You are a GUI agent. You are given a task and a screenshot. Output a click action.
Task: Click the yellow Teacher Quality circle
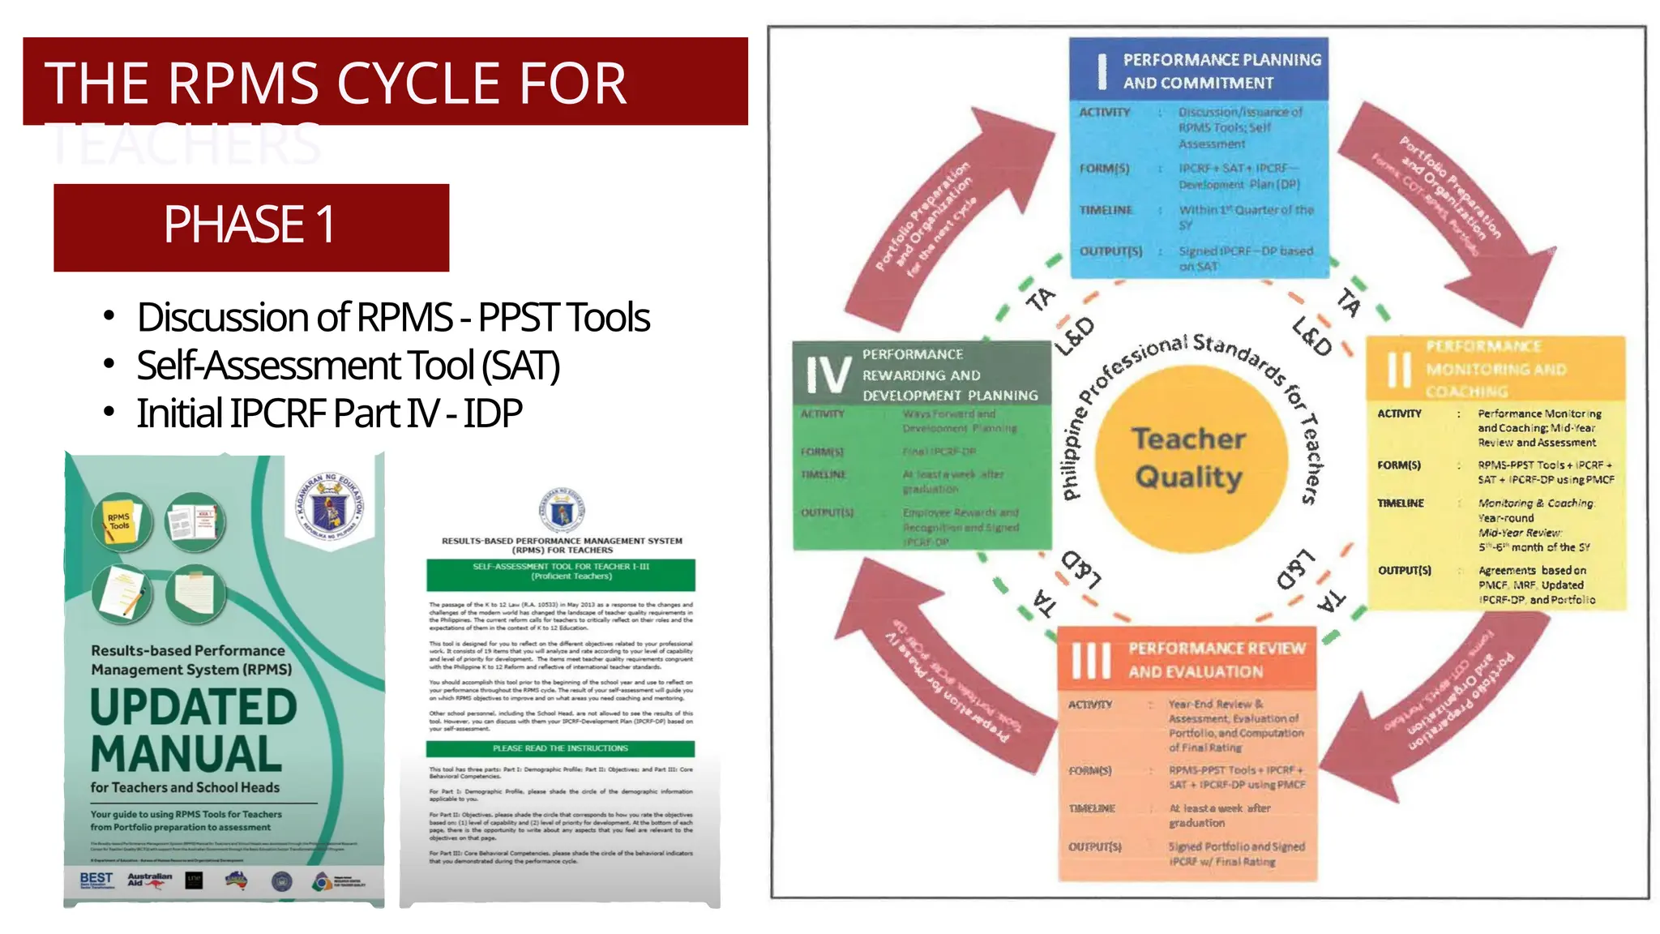(x=1190, y=458)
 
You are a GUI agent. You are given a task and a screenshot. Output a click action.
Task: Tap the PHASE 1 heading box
(x=251, y=226)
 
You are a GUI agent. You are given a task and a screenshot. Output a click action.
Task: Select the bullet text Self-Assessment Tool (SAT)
(x=348, y=366)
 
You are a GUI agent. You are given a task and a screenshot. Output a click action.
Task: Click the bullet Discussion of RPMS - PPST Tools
(x=393, y=318)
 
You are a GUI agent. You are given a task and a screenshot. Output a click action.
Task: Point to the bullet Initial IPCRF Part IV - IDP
(x=329, y=413)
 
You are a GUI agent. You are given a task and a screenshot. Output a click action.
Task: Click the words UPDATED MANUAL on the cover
(x=193, y=730)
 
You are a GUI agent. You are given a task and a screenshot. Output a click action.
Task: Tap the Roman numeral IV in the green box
(x=828, y=375)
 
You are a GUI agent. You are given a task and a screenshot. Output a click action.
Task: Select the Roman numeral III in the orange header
(x=1091, y=660)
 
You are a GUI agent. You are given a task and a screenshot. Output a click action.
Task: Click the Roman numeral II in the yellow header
(x=1398, y=370)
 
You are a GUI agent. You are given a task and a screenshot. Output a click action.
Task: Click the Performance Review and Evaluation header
(x=1216, y=660)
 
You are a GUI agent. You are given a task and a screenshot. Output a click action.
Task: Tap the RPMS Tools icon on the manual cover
(x=120, y=521)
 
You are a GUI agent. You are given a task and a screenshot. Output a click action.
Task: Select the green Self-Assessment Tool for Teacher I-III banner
(x=561, y=572)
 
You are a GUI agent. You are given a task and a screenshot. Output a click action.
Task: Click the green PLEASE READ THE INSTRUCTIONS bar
(x=561, y=748)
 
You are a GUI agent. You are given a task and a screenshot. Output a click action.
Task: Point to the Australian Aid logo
(x=149, y=880)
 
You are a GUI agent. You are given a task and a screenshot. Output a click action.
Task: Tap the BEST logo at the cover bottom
(x=96, y=880)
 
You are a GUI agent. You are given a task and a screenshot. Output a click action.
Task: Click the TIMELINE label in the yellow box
(x=1400, y=503)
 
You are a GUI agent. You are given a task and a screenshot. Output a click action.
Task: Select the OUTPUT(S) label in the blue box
(x=1110, y=251)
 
